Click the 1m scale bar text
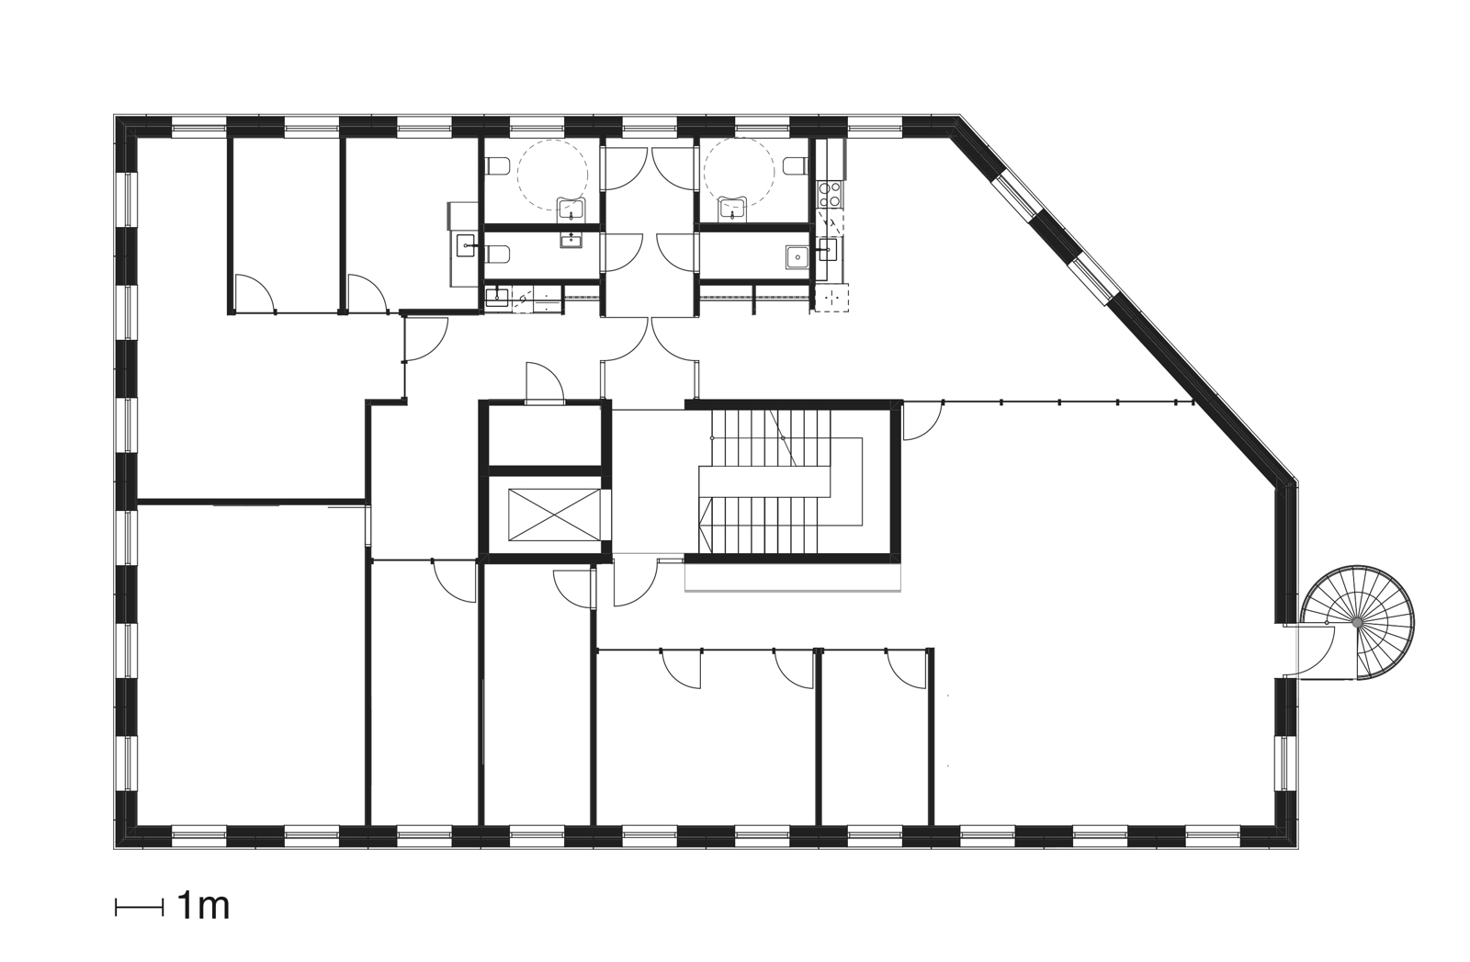pyautogui.click(x=202, y=907)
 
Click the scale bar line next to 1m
pyautogui.click(x=137, y=908)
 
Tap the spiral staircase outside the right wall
pyautogui.click(x=1358, y=623)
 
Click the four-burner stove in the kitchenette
pyautogui.click(x=831, y=194)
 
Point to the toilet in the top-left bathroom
pyautogui.click(x=497, y=167)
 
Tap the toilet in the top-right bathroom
pyautogui.click(x=796, y=165)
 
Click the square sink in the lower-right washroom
pyautogui.click(x=796, y=255)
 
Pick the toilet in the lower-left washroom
pyautogui.click(x=497, y=255)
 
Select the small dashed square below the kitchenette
pyautogui.click(x=835, y=297)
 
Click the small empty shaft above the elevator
pyautogui.click(x=545, y=435)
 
